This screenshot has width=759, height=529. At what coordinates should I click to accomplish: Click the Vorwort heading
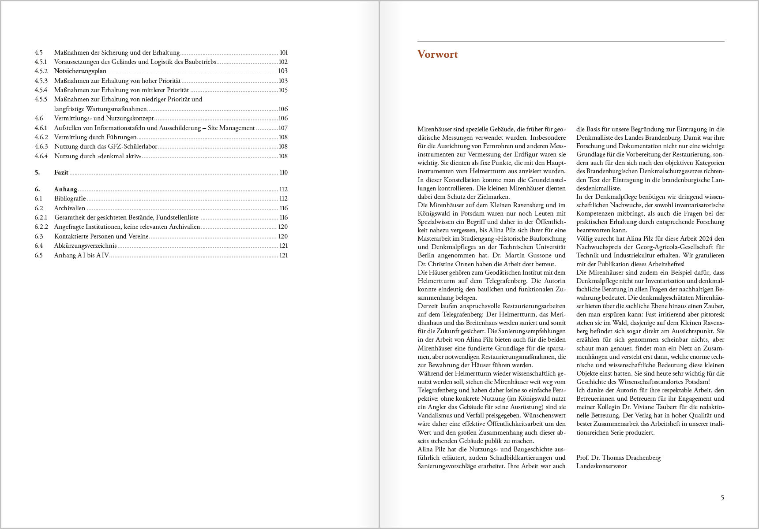coord(437,54)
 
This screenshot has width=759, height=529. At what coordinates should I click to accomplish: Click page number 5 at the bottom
coord(722,498)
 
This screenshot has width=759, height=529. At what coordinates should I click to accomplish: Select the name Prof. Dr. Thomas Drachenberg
coord(618,458)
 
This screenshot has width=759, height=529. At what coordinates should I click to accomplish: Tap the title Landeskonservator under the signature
coord(601,466)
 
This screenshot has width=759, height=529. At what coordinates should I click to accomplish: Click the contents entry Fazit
coord(61,172)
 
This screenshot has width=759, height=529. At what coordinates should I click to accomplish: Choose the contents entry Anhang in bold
coord(66,189)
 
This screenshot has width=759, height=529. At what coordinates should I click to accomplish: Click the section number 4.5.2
coord(41,71)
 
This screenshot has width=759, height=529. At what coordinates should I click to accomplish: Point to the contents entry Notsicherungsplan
coord(80,71)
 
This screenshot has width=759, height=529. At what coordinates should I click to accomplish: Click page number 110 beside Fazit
coord(283,172)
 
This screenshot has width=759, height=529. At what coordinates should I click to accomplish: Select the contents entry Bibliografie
coord(70,198)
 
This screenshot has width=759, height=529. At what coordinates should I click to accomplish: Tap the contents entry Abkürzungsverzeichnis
coord(85,246)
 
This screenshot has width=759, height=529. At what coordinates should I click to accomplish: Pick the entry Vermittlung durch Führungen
coord(95,137)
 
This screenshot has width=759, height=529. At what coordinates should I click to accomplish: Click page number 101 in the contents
coord(283,52)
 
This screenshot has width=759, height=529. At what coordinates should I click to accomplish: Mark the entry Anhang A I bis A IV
coord(82,255)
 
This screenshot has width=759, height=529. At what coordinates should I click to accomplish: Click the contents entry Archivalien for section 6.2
coord(70,208)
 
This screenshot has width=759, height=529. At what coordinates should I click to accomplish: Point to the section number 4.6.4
coord(41,156)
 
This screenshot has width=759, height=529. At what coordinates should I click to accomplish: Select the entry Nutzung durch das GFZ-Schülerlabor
coord(105,146)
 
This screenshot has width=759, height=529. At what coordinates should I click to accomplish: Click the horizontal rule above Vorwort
coord(571,41)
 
